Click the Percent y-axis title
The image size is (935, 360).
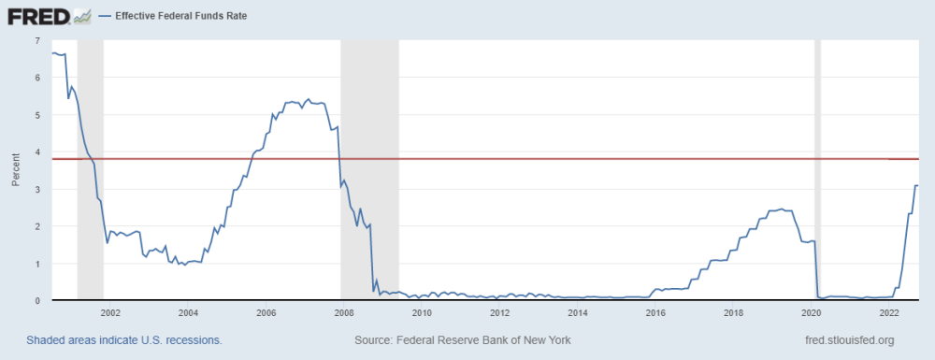click(x=16, y=169)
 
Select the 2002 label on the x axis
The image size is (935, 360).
click(x=109, y=311)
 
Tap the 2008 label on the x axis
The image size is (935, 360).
click(x=343, y=311)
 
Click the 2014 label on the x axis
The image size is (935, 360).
click(x=577, y=311)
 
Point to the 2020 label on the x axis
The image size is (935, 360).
click(x=811, y=311)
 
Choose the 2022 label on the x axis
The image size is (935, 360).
click(x=889, y=311)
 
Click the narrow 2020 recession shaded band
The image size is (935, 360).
click(x=817, y=170)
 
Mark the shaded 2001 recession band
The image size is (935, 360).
click(x=90, y=170)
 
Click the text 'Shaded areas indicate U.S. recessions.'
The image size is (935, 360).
click(x=124, y=340)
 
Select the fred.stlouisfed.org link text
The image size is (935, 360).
click(x=850, y=340)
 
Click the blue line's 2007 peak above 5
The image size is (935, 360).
click(x=309, y=99)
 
